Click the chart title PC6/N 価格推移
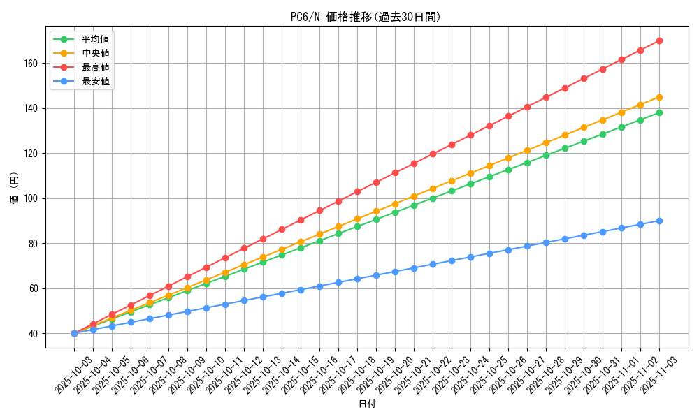[366, 17]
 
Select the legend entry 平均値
[95, 39]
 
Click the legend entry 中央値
[95, 53]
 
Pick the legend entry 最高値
[95, 67]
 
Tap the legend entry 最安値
[95, 81]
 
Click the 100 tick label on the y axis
[32, 198]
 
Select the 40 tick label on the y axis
[34, 334]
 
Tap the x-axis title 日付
[367, 404]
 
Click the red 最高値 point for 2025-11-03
[659, 41]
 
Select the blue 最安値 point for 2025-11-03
[659, 221]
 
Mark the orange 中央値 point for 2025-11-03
[659, 97]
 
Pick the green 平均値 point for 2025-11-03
[659, 112]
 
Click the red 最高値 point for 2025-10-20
[395, 172]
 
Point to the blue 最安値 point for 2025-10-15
[301, 290]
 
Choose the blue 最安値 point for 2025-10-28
[546, 242]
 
